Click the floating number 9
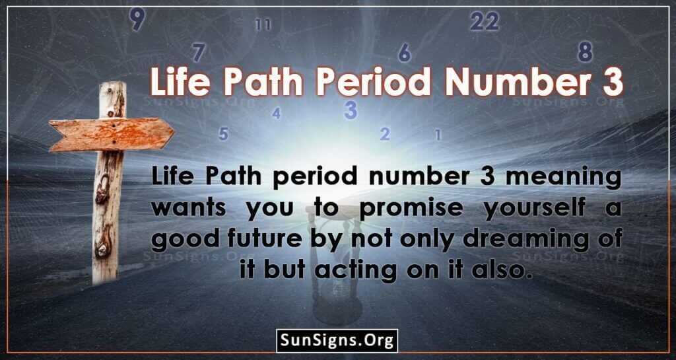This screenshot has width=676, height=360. (137, 20)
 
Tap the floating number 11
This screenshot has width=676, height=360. (263, 24)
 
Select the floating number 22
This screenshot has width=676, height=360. (485, 21)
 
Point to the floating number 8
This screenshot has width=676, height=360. (585, 53)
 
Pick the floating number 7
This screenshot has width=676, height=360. (198, 53)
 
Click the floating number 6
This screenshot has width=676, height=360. (405, 53)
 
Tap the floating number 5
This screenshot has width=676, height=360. (223, 134)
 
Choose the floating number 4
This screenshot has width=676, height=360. (277, 114)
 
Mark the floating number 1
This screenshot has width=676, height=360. (438, 135)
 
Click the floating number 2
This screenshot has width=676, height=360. (385, 134)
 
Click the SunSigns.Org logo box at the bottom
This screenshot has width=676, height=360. (337, 341)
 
